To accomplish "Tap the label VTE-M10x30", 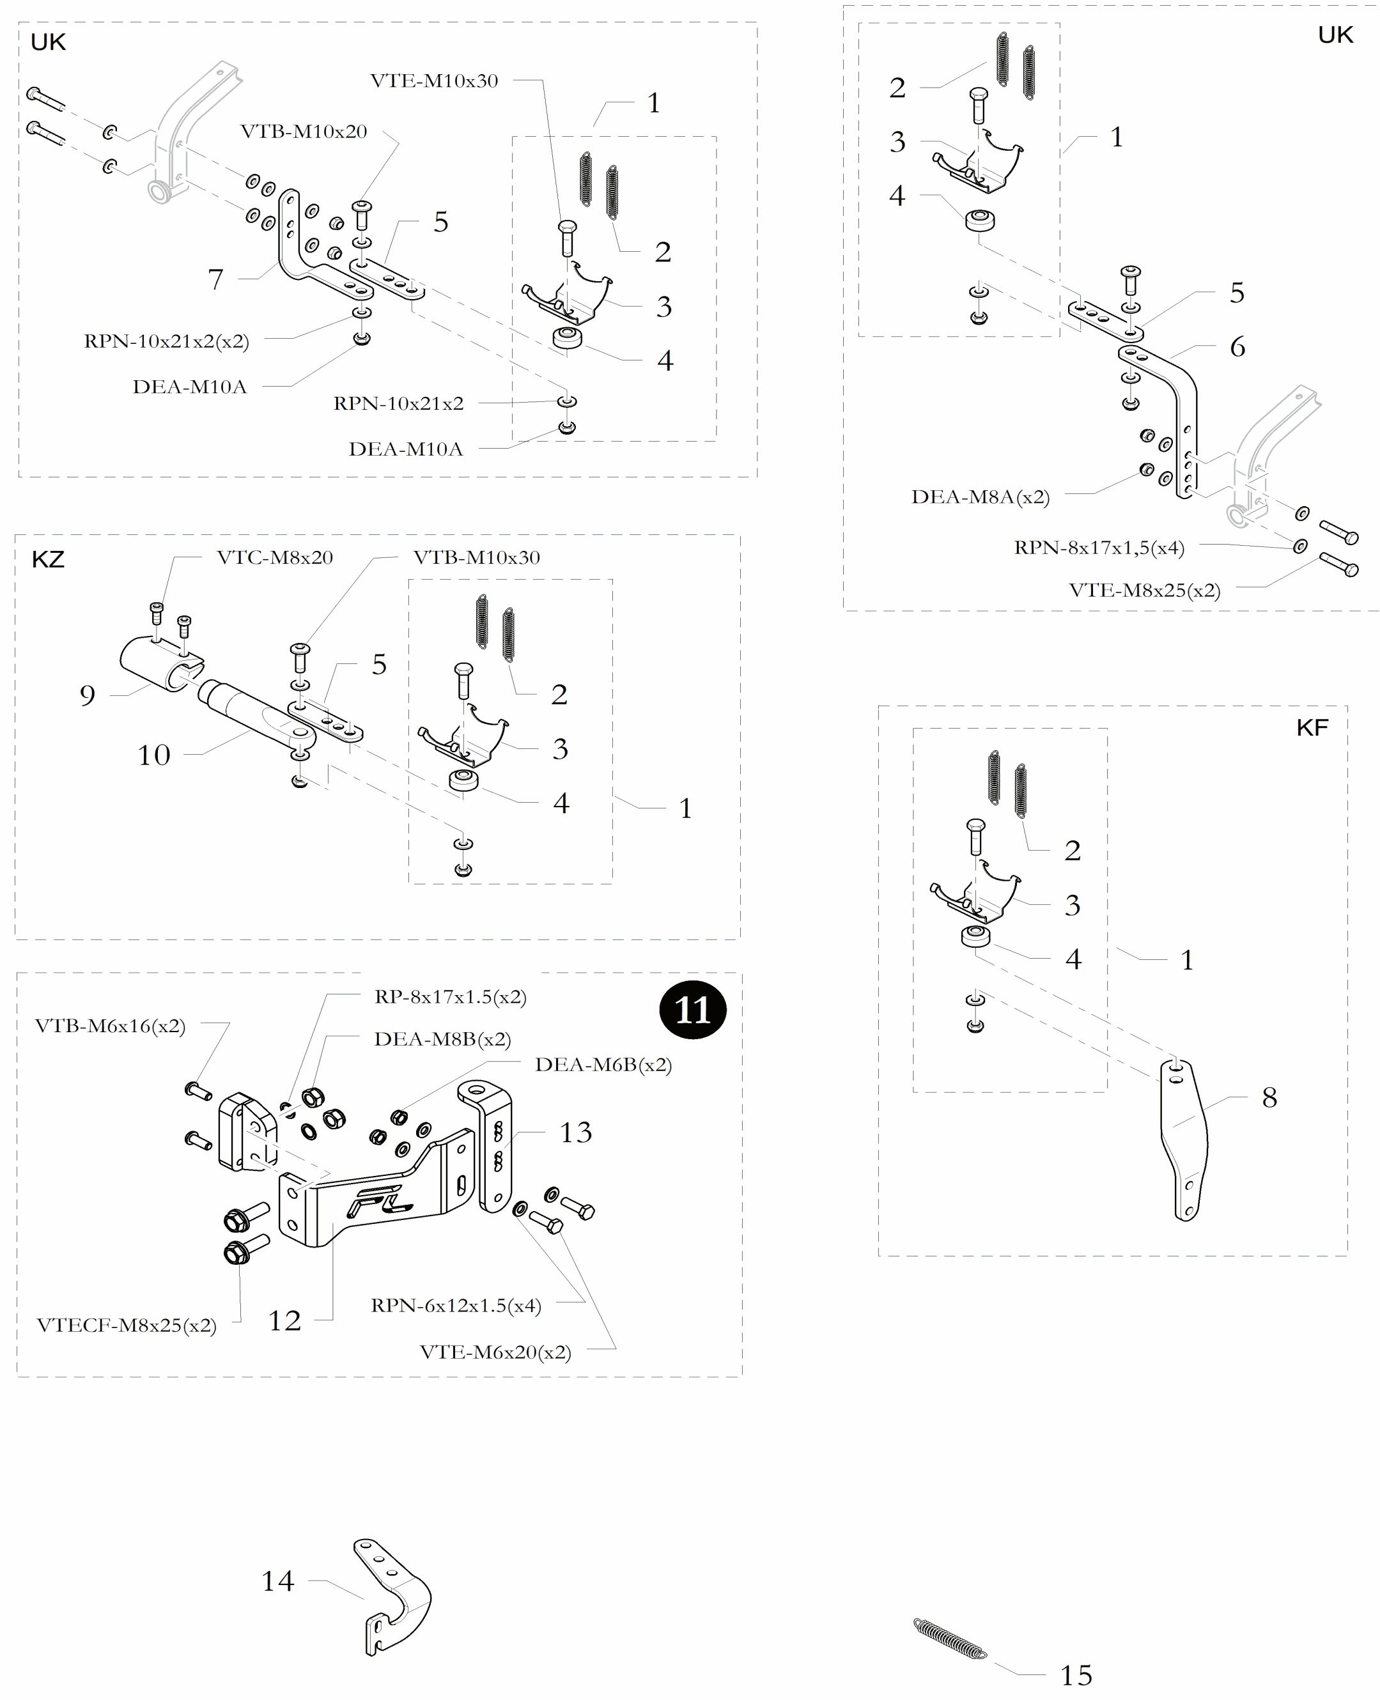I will point(434,81).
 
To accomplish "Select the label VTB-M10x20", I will point(304,131).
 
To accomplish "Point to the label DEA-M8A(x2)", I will point(980,497).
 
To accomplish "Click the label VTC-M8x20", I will point(274,557).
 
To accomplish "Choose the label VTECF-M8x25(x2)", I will point(127,1325).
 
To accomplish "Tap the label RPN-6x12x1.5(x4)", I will point(456,1305).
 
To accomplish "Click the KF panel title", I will point(1312,727).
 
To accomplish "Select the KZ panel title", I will point(48,559).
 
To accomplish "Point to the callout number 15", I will point(1076,1675).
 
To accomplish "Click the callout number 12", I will point(284,1320).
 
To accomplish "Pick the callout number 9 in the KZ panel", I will point(88,695).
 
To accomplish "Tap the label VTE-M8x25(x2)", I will point(1144,591).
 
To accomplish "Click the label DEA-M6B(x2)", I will point(603,1064).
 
